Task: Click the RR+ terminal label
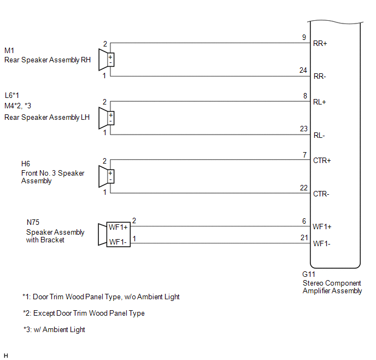[320, 43]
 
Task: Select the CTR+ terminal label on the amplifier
[322, 161]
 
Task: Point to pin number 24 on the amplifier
[304, 70]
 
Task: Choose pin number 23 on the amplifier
[304, 129]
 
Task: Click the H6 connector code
[26, 164]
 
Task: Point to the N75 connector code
[33, 223]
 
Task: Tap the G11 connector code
[309, 275]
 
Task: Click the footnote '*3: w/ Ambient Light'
[54, 330]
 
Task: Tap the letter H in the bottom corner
[6, 355]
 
